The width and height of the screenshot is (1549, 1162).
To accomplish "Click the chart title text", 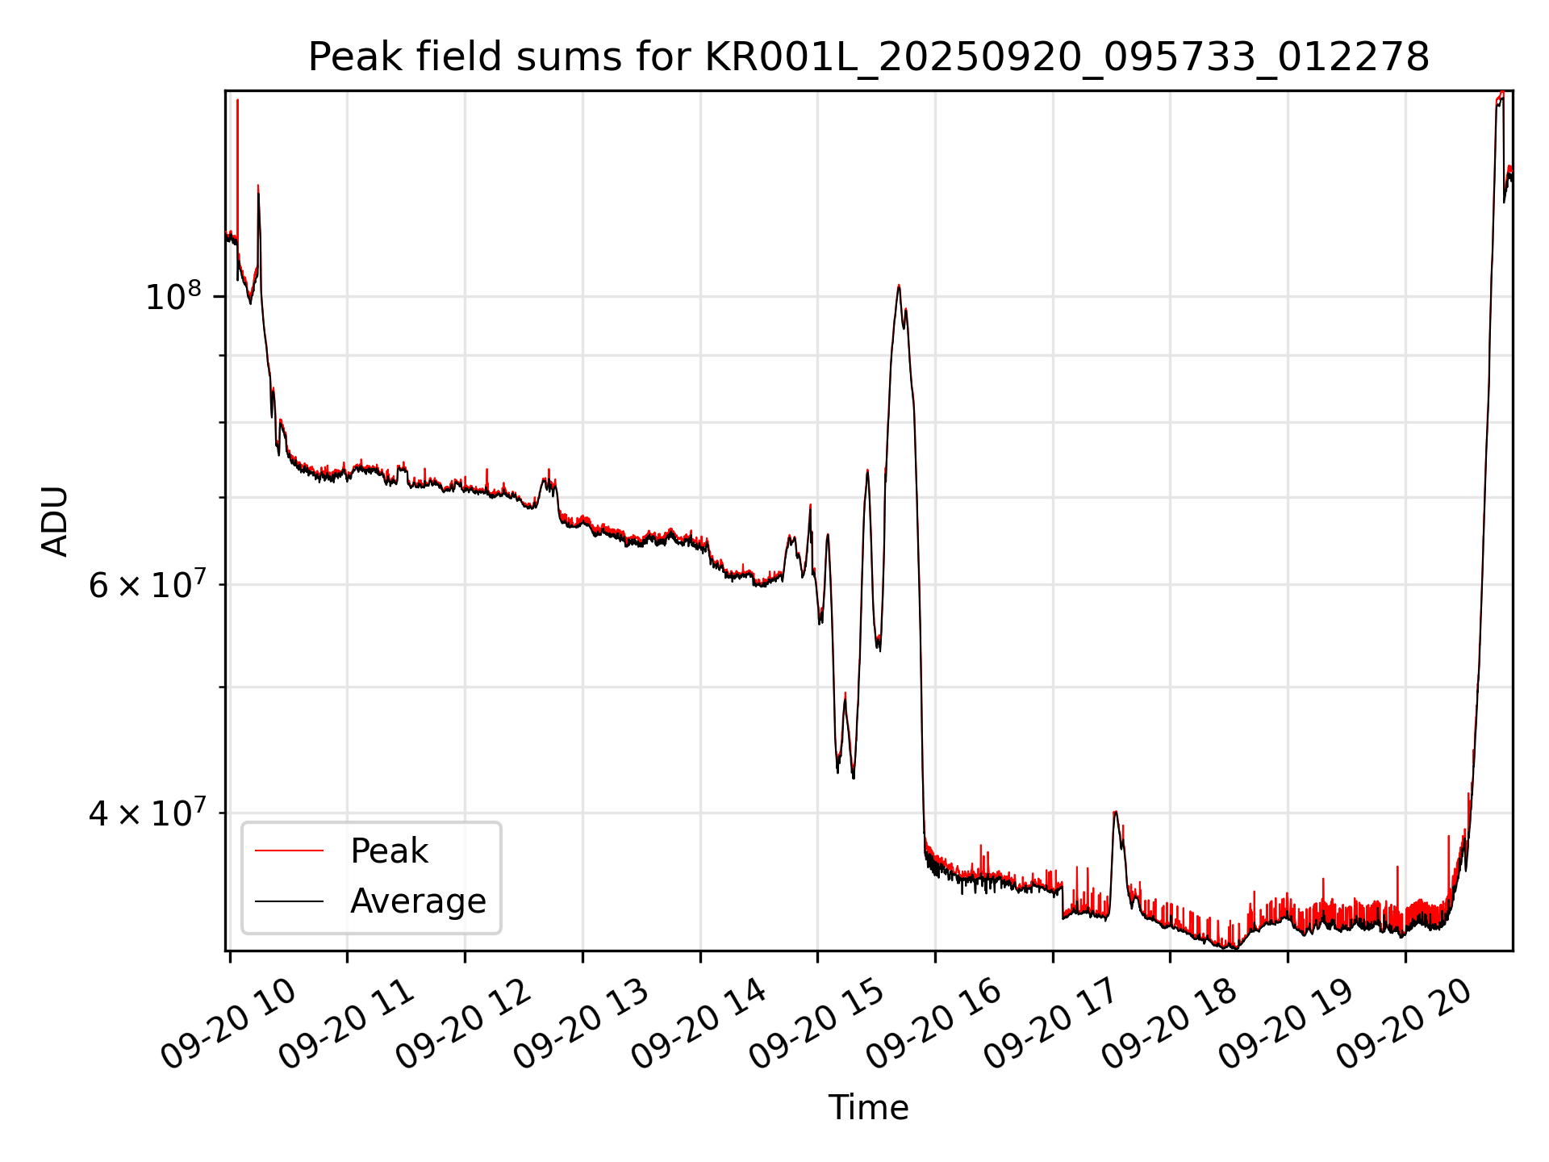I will pyautogui.click(x=868, y=57).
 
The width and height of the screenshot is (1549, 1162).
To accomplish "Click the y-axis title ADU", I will pyautogui.click(x=55, y=521).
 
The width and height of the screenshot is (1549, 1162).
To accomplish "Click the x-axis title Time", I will pyautogui.click(x=868, y=1108).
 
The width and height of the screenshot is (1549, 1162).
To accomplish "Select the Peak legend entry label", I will pyautogui.click(x=389, y=851).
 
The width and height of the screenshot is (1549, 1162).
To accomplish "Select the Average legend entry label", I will pyautogui.click(x=418, y=901).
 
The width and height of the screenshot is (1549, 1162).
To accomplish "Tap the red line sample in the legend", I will pyautogui.click(x=289, y=851).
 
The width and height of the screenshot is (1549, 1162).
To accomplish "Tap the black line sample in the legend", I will pyautogui.click(x=289, y=901).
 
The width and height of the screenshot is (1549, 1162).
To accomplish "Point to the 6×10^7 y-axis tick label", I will pyautogui.click(x=147, y=584).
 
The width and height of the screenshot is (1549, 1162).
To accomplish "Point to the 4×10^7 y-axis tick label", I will pyautogui.click(x=147, y=813).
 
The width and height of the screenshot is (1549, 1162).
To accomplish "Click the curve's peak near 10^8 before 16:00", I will pyautogui.click(x=898, y=286).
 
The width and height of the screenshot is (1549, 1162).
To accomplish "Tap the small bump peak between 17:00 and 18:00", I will pyautogui.click(x=1115, y=812).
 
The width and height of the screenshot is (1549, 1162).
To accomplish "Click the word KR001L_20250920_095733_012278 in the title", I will pyautogui.click(x=1067, y=57).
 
